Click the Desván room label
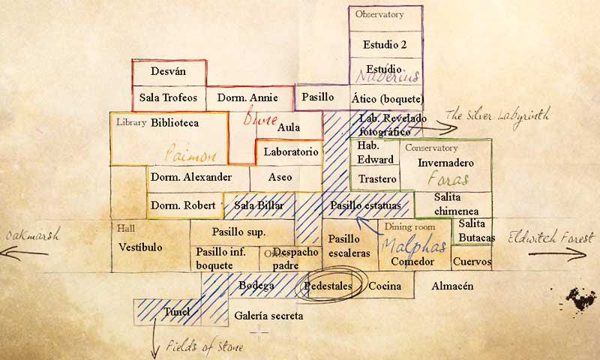168,71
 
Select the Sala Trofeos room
168,97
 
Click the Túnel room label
177,311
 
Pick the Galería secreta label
268,316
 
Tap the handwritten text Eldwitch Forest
551,238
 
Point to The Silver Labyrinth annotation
497,115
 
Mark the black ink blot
580,299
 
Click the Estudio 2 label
384,44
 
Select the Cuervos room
472,262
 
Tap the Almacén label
452,286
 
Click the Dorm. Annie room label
247,97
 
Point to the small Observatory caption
379,14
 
